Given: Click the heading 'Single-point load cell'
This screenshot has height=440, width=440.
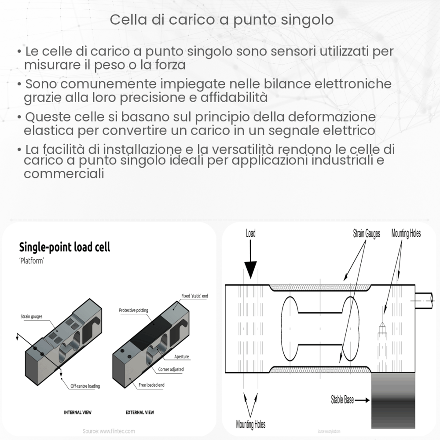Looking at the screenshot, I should [x=64, y=247].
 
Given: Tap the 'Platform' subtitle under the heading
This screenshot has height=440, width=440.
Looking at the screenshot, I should [x=33, y=260].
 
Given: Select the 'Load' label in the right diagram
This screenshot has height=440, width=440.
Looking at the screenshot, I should [x=250, y=234].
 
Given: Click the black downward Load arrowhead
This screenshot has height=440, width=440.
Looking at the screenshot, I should [x=250, y=269].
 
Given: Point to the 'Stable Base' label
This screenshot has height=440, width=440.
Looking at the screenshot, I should [x=343, y=400].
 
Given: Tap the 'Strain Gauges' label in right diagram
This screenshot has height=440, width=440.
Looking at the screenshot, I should [x=366, y=233].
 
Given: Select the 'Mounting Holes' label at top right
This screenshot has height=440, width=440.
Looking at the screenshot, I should [x=406, y=233].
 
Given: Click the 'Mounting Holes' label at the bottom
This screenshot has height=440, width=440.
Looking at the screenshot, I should [x=250, y=425].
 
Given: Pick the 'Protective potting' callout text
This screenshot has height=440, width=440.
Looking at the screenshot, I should [x=134, y=310].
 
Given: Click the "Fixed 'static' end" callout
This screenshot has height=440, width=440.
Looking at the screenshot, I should [x=194, y=296].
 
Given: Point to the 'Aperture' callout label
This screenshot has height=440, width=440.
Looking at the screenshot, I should [x=182, y=356].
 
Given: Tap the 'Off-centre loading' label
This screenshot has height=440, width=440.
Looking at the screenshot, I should [x=85, y=386].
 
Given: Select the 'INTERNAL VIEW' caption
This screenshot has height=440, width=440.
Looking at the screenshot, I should [x=78, y=412].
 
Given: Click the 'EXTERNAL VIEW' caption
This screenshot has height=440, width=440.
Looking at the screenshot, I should [x=140, y=412].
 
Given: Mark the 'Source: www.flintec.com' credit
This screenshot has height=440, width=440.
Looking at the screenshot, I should [x=109, y=431].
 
